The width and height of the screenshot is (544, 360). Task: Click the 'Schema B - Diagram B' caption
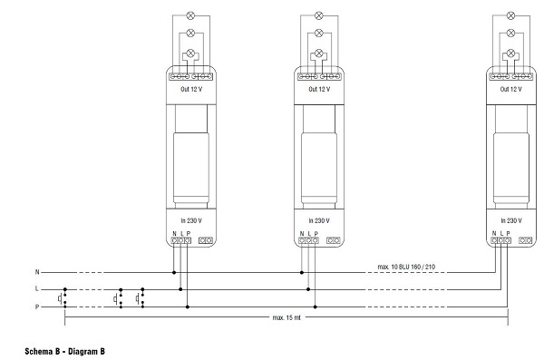tap(64, 351)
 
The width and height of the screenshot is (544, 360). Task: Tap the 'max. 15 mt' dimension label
tap(287, 317)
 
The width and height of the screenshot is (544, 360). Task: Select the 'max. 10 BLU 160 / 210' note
tap(406, 267)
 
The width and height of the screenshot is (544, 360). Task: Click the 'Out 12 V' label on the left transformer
tap(191, 89)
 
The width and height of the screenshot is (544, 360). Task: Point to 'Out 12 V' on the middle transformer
tap(319, 89)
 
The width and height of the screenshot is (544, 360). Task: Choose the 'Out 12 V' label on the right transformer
tap(511, 89)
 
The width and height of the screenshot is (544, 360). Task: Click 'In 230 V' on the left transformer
tap(191, 220)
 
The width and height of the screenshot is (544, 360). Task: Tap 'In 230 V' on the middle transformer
tap(319, 220)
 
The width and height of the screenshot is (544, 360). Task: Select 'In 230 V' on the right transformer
tap(511, 220)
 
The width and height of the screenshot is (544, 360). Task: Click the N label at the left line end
tap(37, 272)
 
